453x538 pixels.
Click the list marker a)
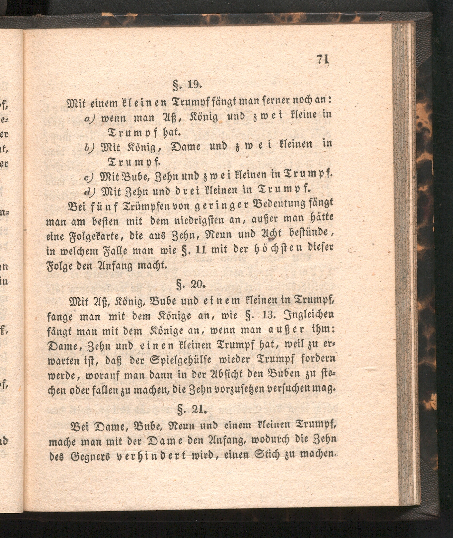90,118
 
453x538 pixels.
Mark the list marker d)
90,190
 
